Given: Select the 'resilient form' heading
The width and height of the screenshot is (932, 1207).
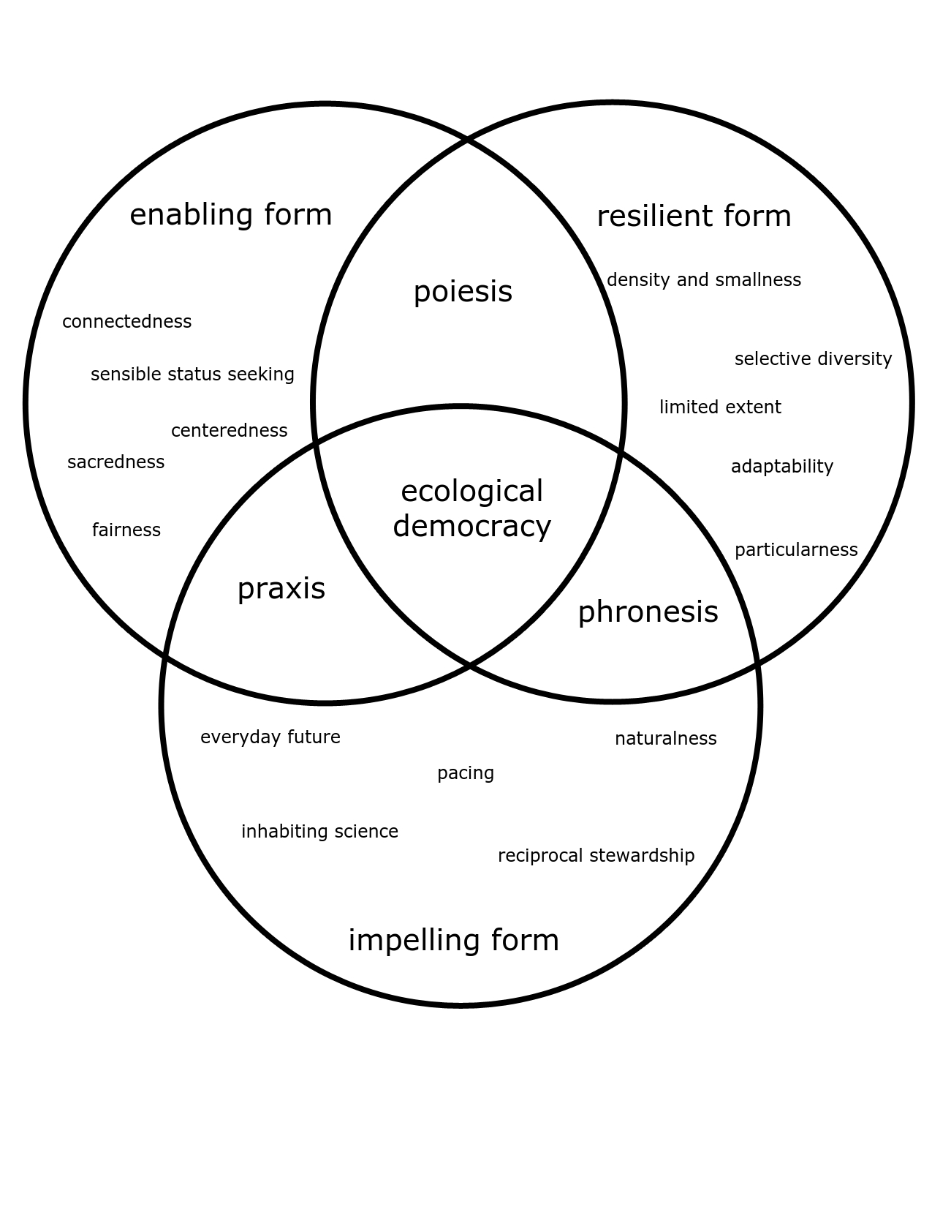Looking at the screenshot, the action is click(694, 216).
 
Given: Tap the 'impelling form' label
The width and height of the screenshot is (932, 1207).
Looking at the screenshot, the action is click(453, 941).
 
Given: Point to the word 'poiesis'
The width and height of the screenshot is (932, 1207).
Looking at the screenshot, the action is click(463, 292).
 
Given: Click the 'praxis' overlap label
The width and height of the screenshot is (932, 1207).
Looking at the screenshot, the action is click(281, 590).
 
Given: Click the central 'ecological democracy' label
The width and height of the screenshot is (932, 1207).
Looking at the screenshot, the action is click(471, 509).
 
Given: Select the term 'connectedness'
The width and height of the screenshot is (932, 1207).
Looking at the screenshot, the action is click(127, 322).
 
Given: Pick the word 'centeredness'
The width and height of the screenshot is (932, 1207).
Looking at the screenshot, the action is click(230, 430).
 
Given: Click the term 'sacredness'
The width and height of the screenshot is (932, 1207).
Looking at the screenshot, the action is click(116, 462).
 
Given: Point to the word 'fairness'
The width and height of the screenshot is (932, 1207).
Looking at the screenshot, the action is click(126, 530).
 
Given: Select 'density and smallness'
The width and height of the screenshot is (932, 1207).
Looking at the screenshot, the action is click(704, 280).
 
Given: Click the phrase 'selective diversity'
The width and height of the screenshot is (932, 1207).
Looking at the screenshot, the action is click(813, 359).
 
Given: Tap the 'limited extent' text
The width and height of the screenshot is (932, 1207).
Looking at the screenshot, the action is click(721, 407).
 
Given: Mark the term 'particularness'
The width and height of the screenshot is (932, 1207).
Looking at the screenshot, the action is click(796, 550).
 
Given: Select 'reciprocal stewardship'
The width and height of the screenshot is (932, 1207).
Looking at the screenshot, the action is click(596, 856).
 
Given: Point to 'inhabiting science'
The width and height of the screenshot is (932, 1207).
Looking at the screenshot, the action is click(319, 832).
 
